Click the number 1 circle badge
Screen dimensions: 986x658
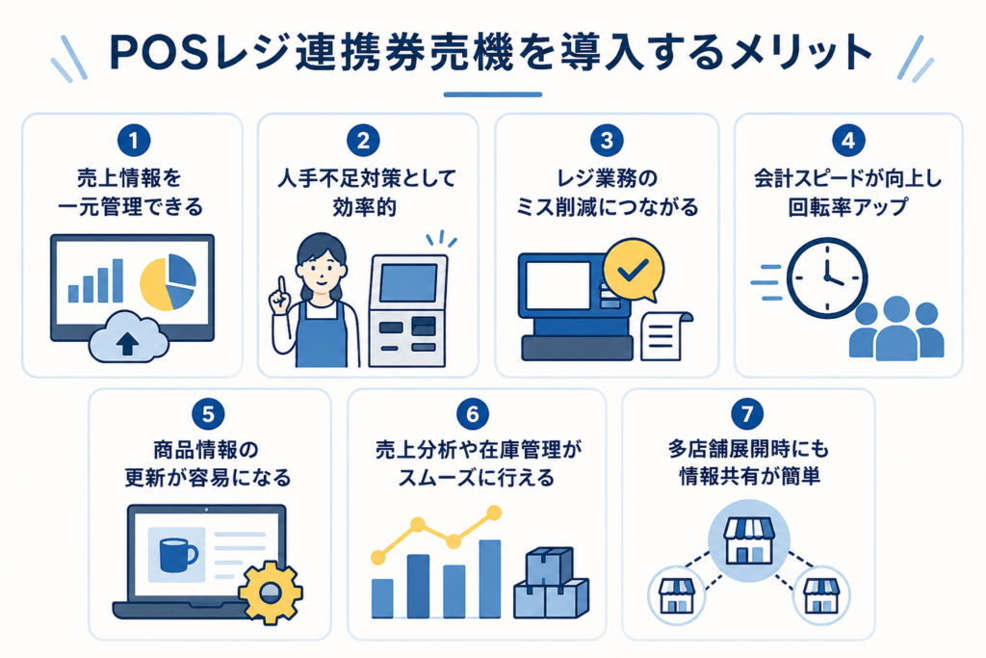click(133, 141)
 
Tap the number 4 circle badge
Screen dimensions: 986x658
click(848, 141)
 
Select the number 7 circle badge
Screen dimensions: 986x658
click(747, 414)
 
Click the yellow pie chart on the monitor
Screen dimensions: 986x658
click(168, 282)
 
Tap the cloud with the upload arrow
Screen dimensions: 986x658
click(129, 337)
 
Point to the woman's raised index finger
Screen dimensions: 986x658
click(282, 287)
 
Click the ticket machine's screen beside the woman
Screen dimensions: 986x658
click(407, 282)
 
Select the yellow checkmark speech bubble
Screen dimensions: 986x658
click(634, 271)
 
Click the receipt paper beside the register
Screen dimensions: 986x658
click(664, 335)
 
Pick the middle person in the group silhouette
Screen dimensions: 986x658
click(896, 329)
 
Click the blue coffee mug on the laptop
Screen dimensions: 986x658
click(178, 554)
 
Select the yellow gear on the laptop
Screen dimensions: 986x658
click(271, 592)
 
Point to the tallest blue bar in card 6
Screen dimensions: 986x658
click(490, 579)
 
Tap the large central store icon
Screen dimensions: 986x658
click(748, 540)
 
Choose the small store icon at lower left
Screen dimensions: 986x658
click(677, 595)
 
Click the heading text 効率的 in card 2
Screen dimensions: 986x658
click(364, 207)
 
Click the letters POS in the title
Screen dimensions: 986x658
click(158, 53)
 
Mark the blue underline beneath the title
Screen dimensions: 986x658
click(492, 94)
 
